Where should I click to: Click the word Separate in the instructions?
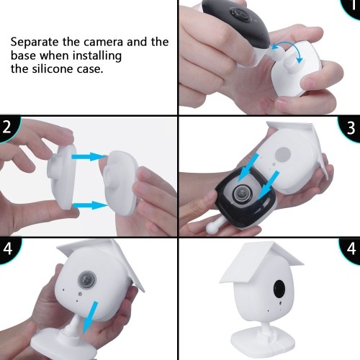(35, 42)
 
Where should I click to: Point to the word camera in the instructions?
(104, 42)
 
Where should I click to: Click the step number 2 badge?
(8, 128)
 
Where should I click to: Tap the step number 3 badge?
(350, 128)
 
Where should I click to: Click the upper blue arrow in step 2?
(89, 156)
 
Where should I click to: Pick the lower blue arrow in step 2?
(91, 205)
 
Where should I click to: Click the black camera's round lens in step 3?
(243, 193)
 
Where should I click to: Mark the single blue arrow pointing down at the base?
(90, 318)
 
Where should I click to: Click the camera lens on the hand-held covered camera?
(87, 280)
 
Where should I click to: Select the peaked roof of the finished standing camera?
(261, 262)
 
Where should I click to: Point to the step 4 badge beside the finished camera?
(351, 250)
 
